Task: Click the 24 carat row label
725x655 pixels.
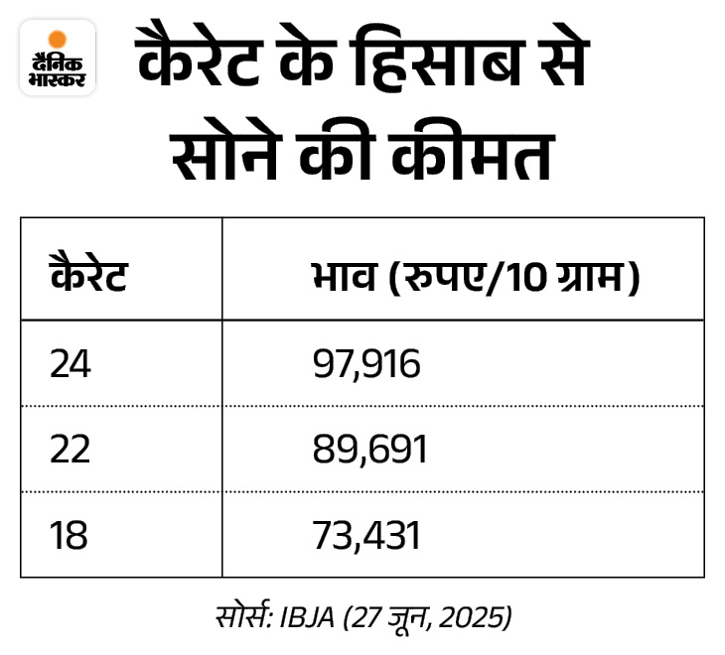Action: (70, 365)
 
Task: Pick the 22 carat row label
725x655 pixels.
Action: (70, 451)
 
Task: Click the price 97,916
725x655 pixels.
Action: (366, 365)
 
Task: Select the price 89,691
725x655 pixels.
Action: (368, 451)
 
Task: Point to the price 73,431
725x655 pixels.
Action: (366, 536)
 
